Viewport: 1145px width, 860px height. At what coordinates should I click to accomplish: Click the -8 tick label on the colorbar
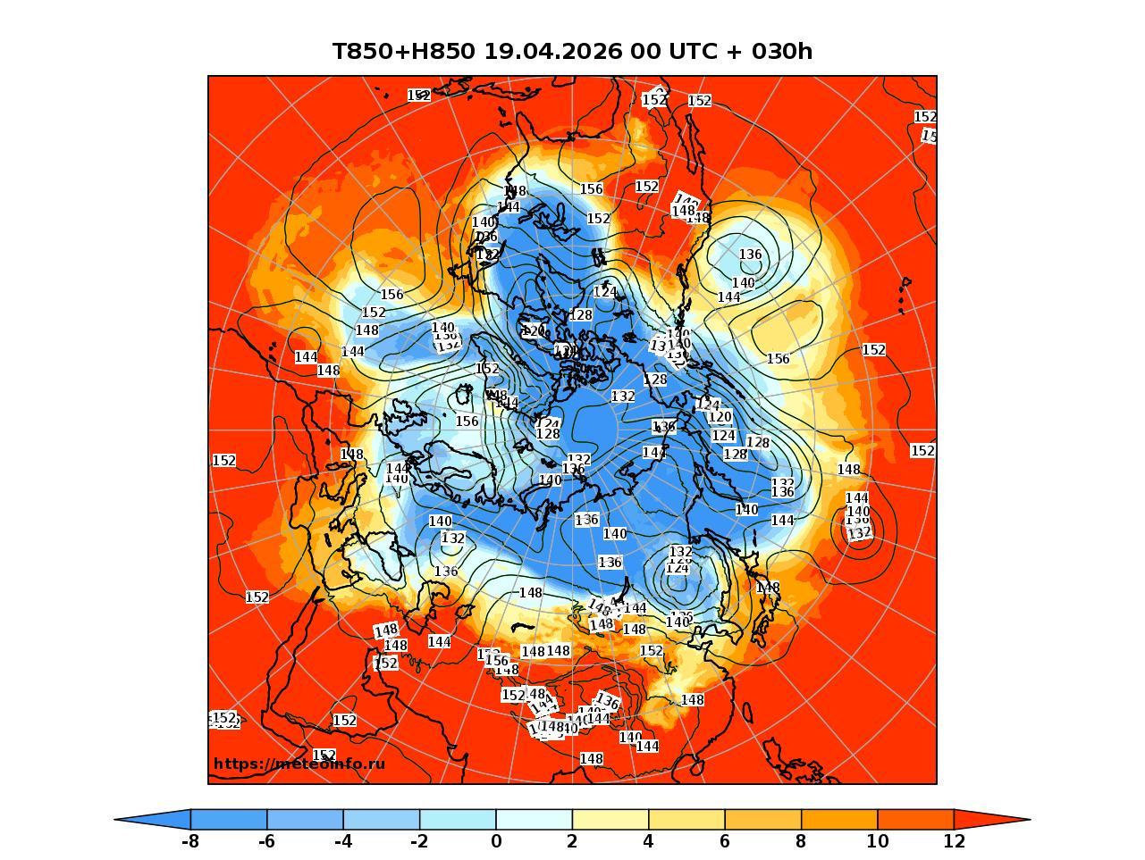click(189, 841)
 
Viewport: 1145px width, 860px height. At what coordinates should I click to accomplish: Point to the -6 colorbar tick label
click(266, 841)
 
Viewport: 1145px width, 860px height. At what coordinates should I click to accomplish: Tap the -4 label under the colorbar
click(342, 841)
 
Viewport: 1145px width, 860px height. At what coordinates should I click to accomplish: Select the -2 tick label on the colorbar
click(419, 841)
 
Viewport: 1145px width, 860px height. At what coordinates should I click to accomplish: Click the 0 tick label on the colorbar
click(496, 841)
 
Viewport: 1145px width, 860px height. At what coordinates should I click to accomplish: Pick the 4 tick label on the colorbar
click(648, 841)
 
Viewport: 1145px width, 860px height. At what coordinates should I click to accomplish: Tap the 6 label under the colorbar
click(725, 841)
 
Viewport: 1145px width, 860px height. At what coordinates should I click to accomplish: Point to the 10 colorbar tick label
click(877, 841)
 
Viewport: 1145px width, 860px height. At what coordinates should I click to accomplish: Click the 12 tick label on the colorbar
click(954, 841)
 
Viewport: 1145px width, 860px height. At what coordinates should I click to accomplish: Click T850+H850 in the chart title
click(403, 52)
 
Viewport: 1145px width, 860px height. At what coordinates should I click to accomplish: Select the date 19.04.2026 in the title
click(552, 52)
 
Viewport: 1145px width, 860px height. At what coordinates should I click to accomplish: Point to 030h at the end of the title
click(782, 52)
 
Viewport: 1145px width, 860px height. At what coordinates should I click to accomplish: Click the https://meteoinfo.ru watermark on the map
click(299, 764)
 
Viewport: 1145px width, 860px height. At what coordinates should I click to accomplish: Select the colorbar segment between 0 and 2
click(534, 819)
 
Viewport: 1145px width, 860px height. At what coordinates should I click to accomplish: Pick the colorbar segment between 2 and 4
click(610, 819)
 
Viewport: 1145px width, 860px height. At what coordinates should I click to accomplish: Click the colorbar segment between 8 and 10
click(839, 819)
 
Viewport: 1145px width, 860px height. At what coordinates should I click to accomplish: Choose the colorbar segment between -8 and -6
click(228, 819)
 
